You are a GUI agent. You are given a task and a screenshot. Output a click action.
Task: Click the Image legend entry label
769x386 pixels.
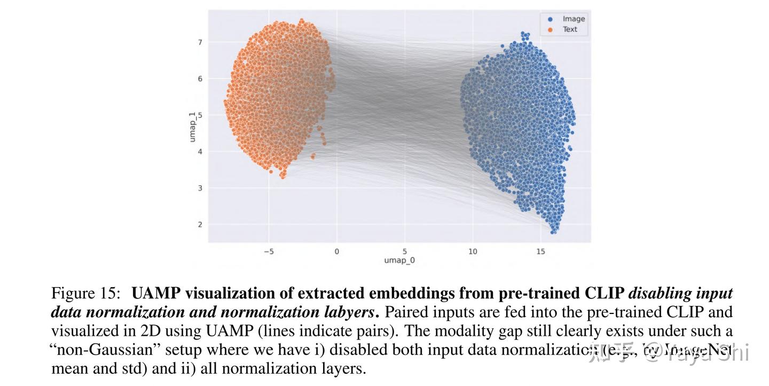(x=574, y=19)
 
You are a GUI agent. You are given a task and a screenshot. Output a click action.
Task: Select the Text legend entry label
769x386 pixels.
(x=570, y=29)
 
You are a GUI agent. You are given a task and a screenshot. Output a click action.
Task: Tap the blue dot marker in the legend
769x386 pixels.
(x=550, y=19)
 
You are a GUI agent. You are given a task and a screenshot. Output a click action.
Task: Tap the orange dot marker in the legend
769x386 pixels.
(x=550, y=30)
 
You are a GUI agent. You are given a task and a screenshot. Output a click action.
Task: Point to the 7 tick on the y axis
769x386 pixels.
(x=200, y=42)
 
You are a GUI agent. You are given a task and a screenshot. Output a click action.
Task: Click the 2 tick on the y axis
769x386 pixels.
(x=200, y=225)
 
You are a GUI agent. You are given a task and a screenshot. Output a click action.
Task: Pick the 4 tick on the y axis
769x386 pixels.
(x=200, y=152)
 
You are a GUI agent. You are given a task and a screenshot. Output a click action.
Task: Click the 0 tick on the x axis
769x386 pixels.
(x=336, y=251)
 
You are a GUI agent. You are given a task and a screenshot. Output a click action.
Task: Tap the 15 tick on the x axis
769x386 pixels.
(x=540, y=251)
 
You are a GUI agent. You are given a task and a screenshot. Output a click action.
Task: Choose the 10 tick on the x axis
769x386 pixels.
(x=473, y=251)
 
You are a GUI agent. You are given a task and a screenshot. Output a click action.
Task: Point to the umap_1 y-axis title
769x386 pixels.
(x=192, y=127)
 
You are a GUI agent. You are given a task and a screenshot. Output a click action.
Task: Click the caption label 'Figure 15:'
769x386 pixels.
(x=88, y=294)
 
